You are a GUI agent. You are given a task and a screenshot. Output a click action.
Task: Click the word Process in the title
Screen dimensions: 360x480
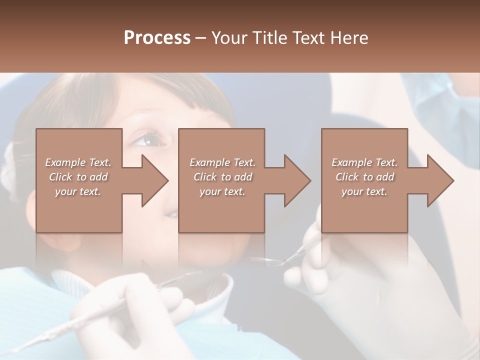coord(157,38)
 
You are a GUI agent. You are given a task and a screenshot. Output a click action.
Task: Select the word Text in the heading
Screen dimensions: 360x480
coord(308,38)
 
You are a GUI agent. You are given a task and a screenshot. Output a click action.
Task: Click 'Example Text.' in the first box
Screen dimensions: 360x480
coord(78,162)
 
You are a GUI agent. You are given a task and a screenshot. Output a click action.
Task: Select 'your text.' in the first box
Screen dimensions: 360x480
coord(78,191)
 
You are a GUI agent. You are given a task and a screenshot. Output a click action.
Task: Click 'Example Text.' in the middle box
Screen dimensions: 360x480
coord(222,162)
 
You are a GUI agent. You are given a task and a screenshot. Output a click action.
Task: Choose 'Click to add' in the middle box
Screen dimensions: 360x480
coord(222,177)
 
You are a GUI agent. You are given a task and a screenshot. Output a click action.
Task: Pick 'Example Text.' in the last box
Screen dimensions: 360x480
coord(364,162)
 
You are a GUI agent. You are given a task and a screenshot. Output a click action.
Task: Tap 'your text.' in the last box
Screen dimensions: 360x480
coord(364,191)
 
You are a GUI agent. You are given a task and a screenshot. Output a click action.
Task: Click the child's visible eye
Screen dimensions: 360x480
coord(149,140)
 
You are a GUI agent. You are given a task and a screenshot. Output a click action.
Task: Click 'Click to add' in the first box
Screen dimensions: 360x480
coord(78,177)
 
